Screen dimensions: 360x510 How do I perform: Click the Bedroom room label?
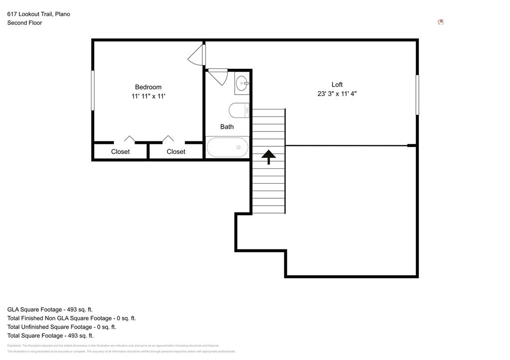(x=148, y=87)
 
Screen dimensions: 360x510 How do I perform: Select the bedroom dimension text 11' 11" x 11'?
(x=148, y=96)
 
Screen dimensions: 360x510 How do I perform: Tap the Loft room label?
(x=337, y=85)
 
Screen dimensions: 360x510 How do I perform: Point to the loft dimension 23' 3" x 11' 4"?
(x=337, y=94)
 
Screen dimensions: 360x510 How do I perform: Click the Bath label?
(x=227, y=127)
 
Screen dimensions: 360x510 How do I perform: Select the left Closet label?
(x=120, y=152)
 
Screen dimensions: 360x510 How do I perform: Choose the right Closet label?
(x=176, y=152)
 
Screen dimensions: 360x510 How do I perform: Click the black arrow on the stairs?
(x=268, y=157)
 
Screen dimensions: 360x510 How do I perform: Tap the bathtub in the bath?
(x=228, y=147)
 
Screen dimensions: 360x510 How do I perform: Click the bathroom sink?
(x=243, y=83)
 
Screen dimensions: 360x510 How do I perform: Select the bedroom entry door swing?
(x=197, y=55)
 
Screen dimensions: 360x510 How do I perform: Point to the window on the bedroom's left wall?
(x=93, y=90)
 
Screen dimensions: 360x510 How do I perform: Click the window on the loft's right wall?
(x=417, y=95)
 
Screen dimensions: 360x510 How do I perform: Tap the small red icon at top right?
(x=440, y=22)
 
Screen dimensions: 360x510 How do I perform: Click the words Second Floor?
(x=24, y=23)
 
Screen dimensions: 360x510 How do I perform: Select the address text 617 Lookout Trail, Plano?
(x=38, y=14)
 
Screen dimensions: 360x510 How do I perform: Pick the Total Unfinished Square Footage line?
(x=61, y=327)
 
